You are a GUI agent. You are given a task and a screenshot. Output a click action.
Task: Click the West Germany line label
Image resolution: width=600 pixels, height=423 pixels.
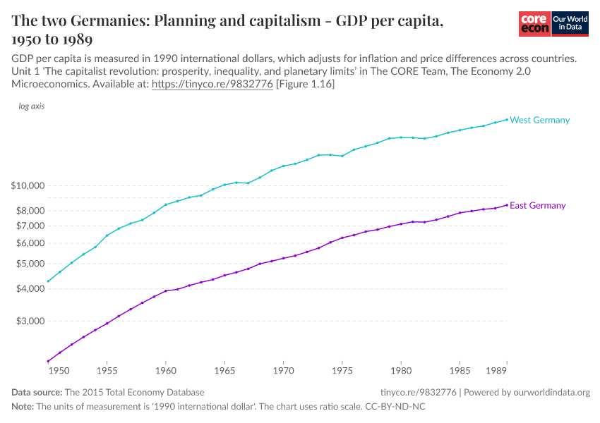[x=539, y=120]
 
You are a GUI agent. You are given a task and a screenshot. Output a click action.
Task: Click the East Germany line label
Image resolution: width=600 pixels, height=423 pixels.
[x=537, y=206]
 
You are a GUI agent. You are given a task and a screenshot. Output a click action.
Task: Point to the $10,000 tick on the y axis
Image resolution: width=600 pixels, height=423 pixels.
[x=28, y=185]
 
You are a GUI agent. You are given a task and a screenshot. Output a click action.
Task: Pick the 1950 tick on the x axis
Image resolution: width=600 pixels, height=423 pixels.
[x=59, y=369]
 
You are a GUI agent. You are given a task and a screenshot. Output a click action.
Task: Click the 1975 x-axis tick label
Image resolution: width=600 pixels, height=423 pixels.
[x=342, y=369]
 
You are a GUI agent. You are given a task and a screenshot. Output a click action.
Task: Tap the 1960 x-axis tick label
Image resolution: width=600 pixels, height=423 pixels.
[x=165, y=369]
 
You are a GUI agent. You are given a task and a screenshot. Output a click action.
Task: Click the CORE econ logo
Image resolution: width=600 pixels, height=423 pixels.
[x=534, y=24]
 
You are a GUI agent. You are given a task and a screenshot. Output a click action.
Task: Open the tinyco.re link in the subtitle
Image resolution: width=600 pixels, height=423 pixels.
[x=212, y=84]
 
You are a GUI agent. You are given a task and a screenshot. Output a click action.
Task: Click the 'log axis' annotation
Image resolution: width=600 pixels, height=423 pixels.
[x=32, y=106]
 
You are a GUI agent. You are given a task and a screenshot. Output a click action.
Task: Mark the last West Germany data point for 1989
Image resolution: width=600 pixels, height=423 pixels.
[x=506, y=119]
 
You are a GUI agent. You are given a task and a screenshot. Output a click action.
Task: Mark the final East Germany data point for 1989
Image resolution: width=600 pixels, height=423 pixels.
[x=506, y=205]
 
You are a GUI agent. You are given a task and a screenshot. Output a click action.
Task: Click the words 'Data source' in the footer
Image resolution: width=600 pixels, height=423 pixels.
[x=37, y=393]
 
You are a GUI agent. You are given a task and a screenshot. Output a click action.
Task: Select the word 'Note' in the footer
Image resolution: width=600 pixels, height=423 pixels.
[x=22, y=407]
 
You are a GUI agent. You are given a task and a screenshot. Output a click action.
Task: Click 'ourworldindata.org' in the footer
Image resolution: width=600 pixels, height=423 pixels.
[x=548, y=393]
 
